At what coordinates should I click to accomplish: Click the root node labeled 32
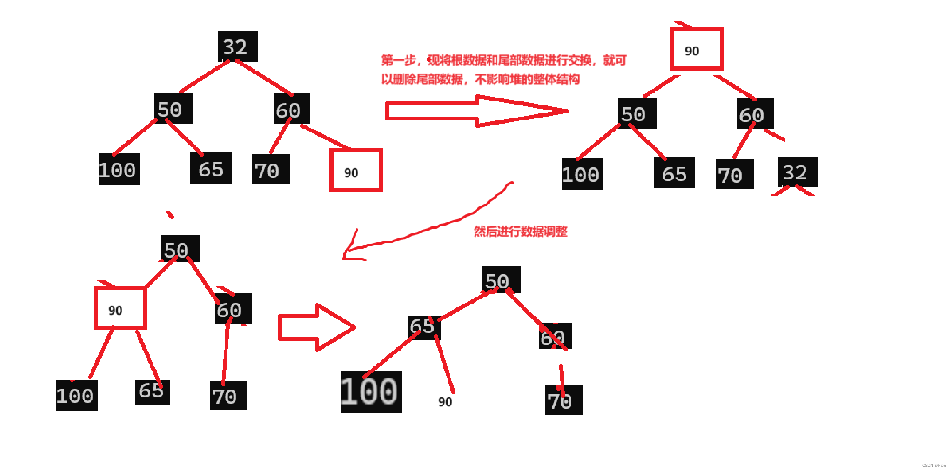tap(237, 46)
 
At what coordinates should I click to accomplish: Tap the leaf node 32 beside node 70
tap(797, 172)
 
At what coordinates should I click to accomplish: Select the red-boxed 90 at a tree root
tap(697, 49)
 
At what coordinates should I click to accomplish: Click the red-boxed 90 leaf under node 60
tap(356, 170)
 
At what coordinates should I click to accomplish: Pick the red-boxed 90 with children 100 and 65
tap(120, 308)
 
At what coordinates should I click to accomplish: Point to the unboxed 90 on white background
tap(445, 402)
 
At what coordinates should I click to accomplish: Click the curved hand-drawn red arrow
tap(428, 228)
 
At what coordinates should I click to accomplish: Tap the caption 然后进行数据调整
tap(520, 231)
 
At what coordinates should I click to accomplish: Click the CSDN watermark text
tap(934, 466)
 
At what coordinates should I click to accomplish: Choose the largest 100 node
tap(371, 392)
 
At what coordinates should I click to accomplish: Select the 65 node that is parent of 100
tap(423, 327)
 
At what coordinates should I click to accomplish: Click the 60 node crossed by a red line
tap(555, 336)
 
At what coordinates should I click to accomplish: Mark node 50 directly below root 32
tap(173, 108)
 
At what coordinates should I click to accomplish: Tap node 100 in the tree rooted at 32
tap(119, 169)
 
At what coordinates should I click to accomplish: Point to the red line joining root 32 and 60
tap(264, 78)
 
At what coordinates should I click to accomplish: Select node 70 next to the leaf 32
tap(734, 174)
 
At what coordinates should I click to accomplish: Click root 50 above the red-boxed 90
tap(180, 248)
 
